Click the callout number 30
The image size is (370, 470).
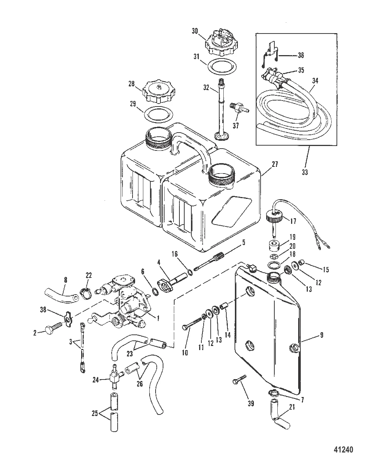(x=195, y=31)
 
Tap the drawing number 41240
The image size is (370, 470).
(x=343, y=450)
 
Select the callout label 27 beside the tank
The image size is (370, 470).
(x=275, y=164)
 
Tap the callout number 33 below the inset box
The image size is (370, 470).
(x=305, y=172)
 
